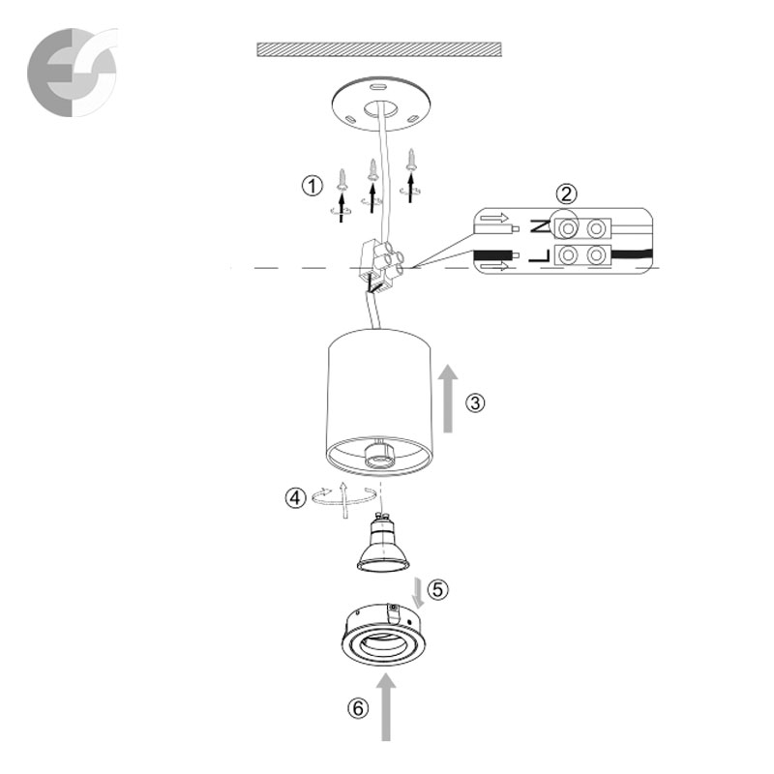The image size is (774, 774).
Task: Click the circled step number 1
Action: tap(312, 187)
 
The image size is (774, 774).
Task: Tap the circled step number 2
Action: tap(566, 194)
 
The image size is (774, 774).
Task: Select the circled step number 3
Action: tap(475, 403)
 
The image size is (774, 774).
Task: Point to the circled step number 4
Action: tap(295, 497)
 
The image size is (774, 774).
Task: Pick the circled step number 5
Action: tap(438, 589)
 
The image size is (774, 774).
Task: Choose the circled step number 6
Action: tap(358, 709)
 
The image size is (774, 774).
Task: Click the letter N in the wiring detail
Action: tap(540, 226)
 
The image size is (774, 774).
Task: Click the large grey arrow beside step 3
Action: tap(448, 399)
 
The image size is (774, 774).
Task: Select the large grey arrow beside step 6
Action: tap(386, 707)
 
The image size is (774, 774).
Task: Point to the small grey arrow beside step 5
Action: tap(419, 593)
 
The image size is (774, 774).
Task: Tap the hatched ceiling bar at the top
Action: tap(379, 49)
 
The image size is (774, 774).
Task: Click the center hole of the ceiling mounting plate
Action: tap(380, 109)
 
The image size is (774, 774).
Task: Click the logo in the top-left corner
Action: tap(73, 72)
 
